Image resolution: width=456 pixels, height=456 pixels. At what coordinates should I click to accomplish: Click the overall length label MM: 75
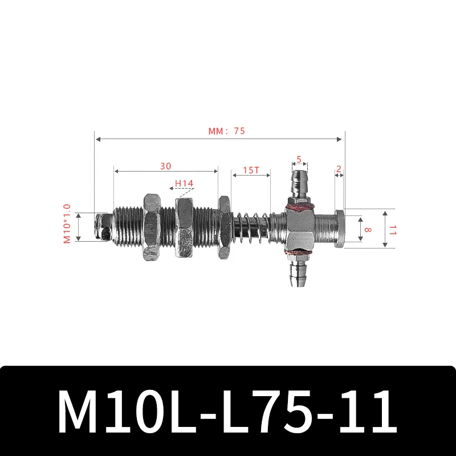pos(226,131)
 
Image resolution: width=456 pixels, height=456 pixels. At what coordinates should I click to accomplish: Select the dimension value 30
pos(165,166)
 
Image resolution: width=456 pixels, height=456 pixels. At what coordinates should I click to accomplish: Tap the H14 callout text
pos(184,183)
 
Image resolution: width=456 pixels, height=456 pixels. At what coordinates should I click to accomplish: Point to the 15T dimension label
pos(251,170)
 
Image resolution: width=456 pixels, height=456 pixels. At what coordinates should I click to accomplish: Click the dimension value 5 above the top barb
pos(300,160)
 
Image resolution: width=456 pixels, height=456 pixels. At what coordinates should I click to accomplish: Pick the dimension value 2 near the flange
pos(339,169)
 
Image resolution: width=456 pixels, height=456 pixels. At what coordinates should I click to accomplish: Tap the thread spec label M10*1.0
pos(67,224)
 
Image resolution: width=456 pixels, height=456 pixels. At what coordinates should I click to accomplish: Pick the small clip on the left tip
pos(103,226)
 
